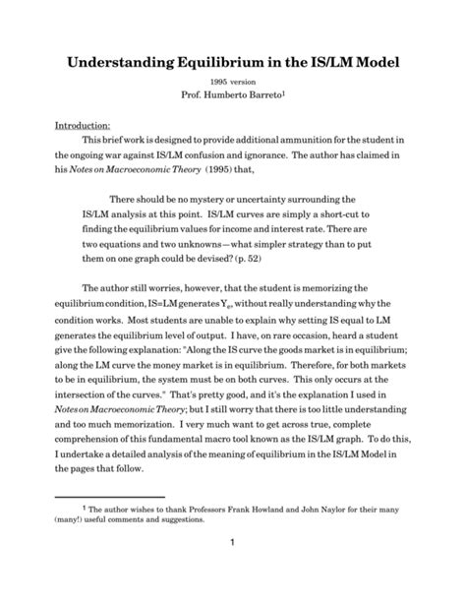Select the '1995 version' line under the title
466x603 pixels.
pos(232,84)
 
